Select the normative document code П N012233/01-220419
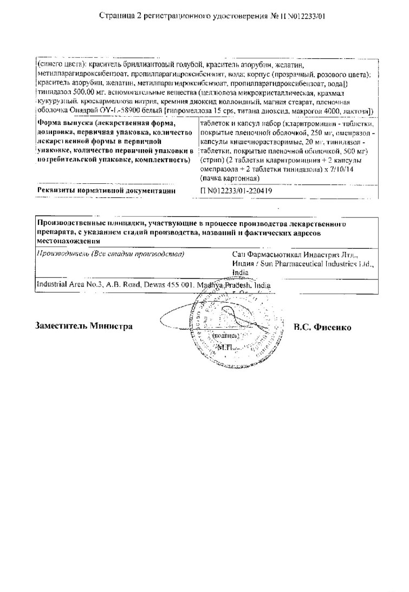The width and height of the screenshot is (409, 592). click(x=236, y=191)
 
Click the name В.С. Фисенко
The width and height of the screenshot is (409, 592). click(x=322, y=327)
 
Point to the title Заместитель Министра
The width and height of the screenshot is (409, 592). click(x=84, y=327)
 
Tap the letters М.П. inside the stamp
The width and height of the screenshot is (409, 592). click(x=222, y=347)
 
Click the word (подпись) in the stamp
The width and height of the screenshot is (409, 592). click(x=223, y=336)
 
